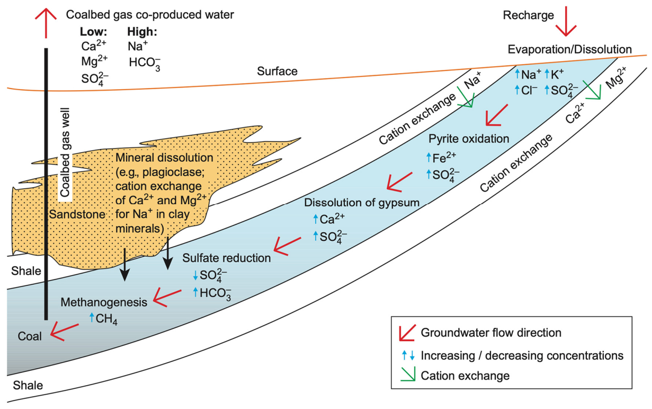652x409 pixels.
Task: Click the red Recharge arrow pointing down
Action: (566, 21)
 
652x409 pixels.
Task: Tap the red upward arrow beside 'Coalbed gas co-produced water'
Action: (46, 23)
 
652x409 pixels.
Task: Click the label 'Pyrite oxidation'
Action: (469, 139)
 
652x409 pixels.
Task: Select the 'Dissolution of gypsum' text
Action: (362, 202)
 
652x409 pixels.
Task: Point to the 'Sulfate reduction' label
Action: (227, 258)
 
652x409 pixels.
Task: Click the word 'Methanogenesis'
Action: (104, 302)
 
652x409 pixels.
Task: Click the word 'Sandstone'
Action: (77, 214)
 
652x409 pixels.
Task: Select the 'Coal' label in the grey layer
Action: (30, 336)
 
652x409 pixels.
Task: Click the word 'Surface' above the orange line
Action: (277, 71)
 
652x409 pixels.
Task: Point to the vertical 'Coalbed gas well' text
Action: (65, 152)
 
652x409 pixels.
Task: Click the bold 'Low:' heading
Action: (93, 31)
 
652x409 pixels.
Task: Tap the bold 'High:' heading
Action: (142, 31)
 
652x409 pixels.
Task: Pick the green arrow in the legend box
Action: (408, 375)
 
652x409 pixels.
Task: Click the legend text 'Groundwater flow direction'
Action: (491, 333)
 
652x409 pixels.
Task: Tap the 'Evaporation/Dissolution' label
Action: (569, 49)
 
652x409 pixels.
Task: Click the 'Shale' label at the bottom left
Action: (28, 385)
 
